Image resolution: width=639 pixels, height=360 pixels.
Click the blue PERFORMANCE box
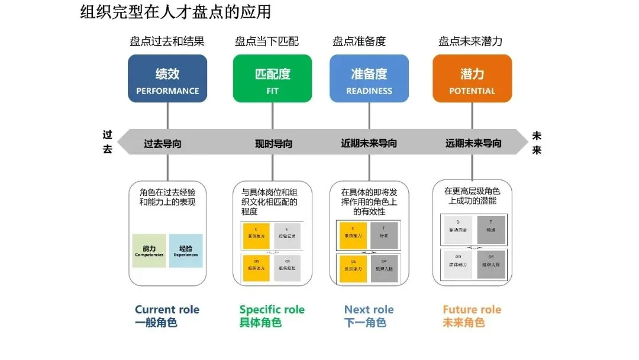(x=167, y=78)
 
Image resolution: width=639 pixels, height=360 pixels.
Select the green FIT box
(x=272, y=78)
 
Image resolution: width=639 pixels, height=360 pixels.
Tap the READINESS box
(x=369, y=78)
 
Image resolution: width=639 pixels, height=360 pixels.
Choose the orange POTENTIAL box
(x=472, y=78)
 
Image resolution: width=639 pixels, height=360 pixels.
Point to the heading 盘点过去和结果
(x=167, y=41)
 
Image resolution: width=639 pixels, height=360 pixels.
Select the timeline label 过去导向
(x=163, y=143)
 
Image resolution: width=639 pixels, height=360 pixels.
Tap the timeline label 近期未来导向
(x=369, y=143)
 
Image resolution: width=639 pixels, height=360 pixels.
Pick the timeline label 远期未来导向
(x=473, y=143)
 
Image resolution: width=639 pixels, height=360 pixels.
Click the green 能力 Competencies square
(x=149, y=250)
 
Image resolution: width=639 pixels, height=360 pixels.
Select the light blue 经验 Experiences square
(x=186, y=250)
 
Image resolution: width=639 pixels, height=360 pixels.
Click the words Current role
(x=167, y=310)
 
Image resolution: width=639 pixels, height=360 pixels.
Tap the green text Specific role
(x=272, y=310)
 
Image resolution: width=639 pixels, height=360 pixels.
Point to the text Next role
(x=369, y=310)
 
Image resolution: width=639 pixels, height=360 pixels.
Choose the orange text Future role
(x=472, y=310)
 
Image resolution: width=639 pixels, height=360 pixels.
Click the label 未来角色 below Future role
(x=464, y=323)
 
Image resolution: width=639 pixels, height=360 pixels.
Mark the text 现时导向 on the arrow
(x=273, y=143)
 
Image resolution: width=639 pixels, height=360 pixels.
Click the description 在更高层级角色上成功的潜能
(x=472, y=196)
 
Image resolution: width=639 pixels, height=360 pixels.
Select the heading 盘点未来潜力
(x=470, y=41)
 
